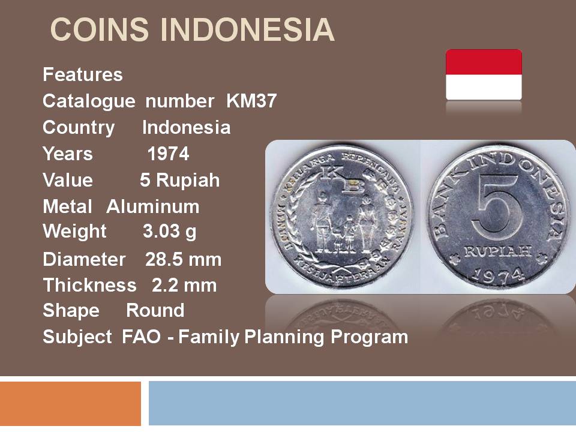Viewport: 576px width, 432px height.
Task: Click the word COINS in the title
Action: pyautogui.click(x=99, y=30)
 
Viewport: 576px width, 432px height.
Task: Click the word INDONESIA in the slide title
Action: pyautogui.click(x=247, y=30)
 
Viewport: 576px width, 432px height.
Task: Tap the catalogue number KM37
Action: pyautogui.click(x=251, y=101)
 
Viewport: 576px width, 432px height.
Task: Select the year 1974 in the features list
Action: pyautogui.click(x=168, y=154)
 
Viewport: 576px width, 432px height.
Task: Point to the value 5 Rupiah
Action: pyautogui.click(x=179, y=181)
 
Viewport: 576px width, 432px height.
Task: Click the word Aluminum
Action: pyautogui.click(x=153, y=206)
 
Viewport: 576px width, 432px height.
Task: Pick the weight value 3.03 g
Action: pyautogui.click(x=169, y=232)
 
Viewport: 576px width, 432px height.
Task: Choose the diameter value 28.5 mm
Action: pyautogui.click(x=184, y=259)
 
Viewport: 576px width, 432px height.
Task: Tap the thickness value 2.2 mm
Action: pyautogui.click(x=184, y=286)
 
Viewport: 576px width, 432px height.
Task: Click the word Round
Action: pyautogui.click(x=155, y=310)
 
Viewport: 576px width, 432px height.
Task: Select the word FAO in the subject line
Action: pyautogui.click(x=141, y=337)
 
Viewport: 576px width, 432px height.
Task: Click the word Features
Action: pyautogui.click(x=83, y=74)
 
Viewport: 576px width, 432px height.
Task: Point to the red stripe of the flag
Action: pyautogui.click(x=484, y=62)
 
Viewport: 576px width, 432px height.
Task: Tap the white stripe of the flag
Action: pyautogui.click(x=484, y=87)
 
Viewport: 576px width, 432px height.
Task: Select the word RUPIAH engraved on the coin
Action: pyautogui.click(x=498, y=251)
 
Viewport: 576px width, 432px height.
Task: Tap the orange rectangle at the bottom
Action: pyautogui.click(x=70, y=403)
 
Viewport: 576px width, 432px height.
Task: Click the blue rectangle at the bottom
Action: pyautogui.click(x=362, y=403)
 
